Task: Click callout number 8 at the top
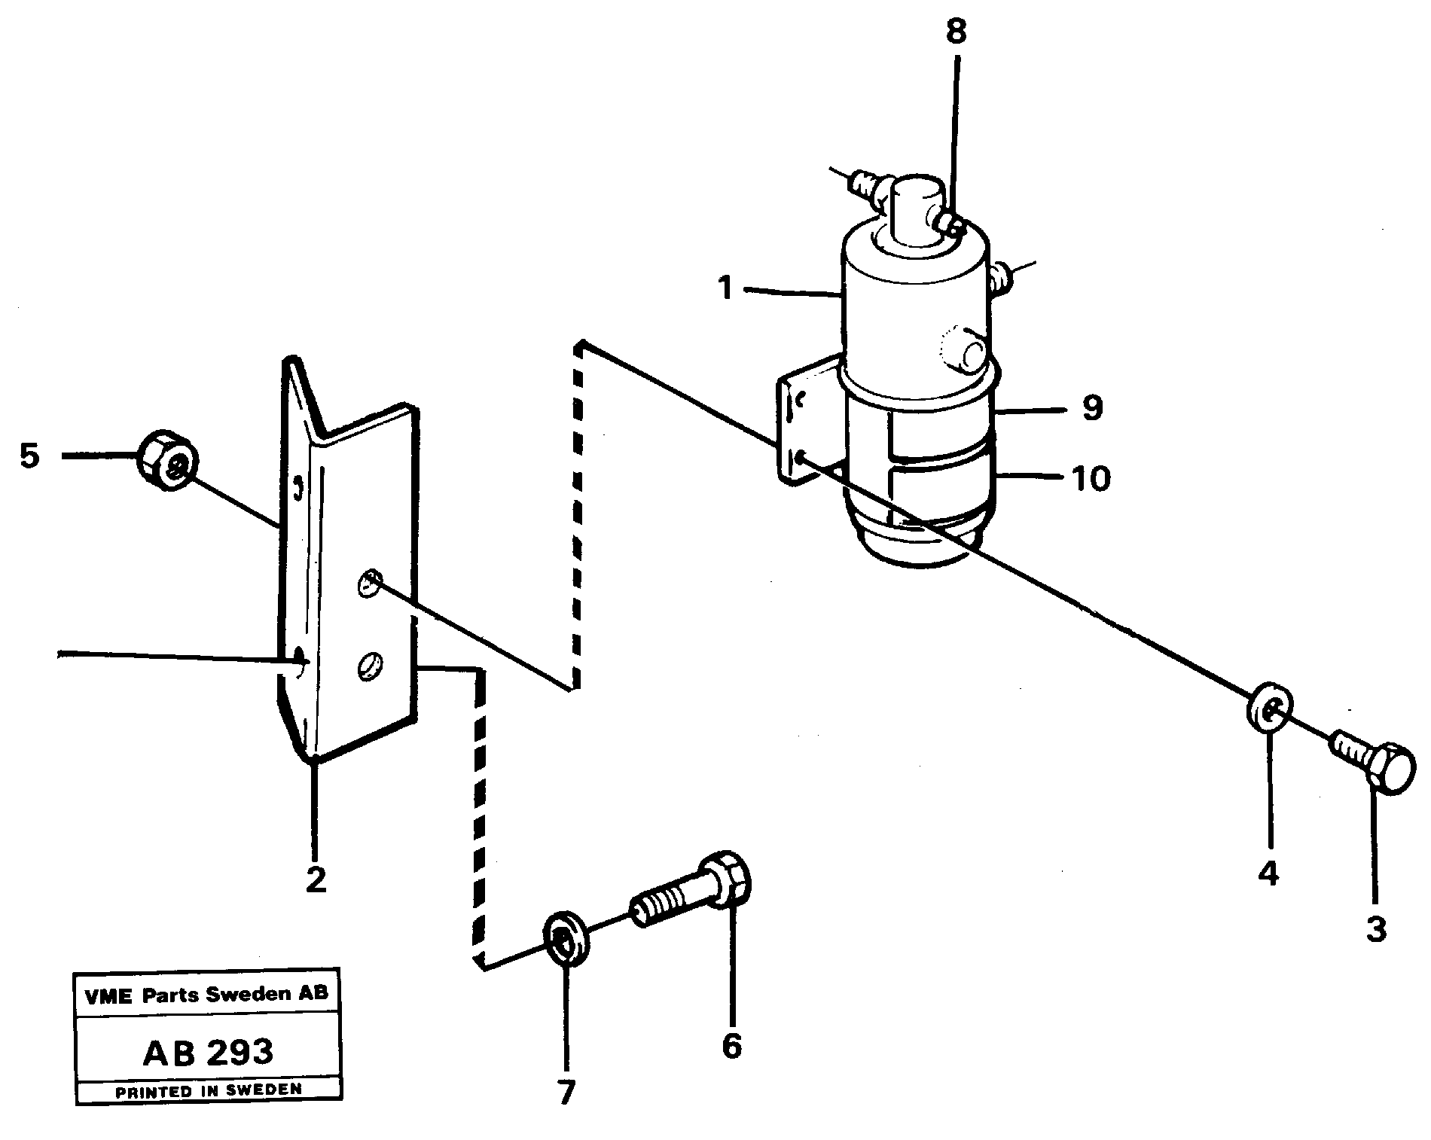click(955, 32)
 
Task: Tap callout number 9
click(1091, 407)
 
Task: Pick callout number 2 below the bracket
click(316, 879)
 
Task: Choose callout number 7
click(566, 1092)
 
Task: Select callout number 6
click(731, 1046)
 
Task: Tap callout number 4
click(1268, 874)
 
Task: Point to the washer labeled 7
click(566, 937)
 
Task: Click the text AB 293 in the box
click(208, 1052)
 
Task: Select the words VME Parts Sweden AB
click(207, 994)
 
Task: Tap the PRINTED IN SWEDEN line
click(208, 1090)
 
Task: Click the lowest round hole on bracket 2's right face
click(371, 665)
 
